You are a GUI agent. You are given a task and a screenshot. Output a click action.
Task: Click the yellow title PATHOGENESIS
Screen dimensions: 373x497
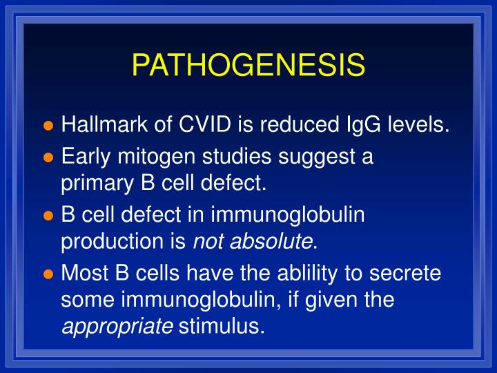pos(248,66)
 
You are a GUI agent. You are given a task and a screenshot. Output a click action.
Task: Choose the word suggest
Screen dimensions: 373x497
pos(318,157)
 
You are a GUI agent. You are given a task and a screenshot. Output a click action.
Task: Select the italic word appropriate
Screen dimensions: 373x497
pos(117,325)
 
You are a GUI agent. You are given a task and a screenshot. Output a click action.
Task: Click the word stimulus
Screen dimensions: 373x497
pos(221,325)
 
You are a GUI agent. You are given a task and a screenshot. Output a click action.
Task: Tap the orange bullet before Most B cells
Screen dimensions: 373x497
pos(48,274)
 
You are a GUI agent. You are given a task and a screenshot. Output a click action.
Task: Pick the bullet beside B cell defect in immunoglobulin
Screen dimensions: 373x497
pos(48,216)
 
